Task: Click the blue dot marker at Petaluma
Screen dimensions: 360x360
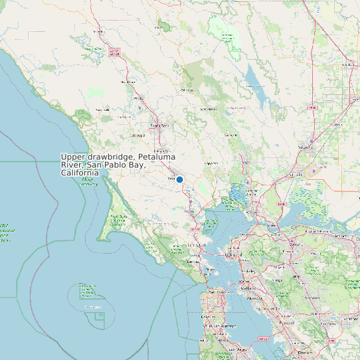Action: (179, 179)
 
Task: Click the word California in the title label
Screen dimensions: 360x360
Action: (80, 173)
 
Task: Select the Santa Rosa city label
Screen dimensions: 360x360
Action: (160, 125)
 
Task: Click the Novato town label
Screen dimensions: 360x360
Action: (193, 211)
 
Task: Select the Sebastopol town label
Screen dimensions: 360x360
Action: (138, 135)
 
